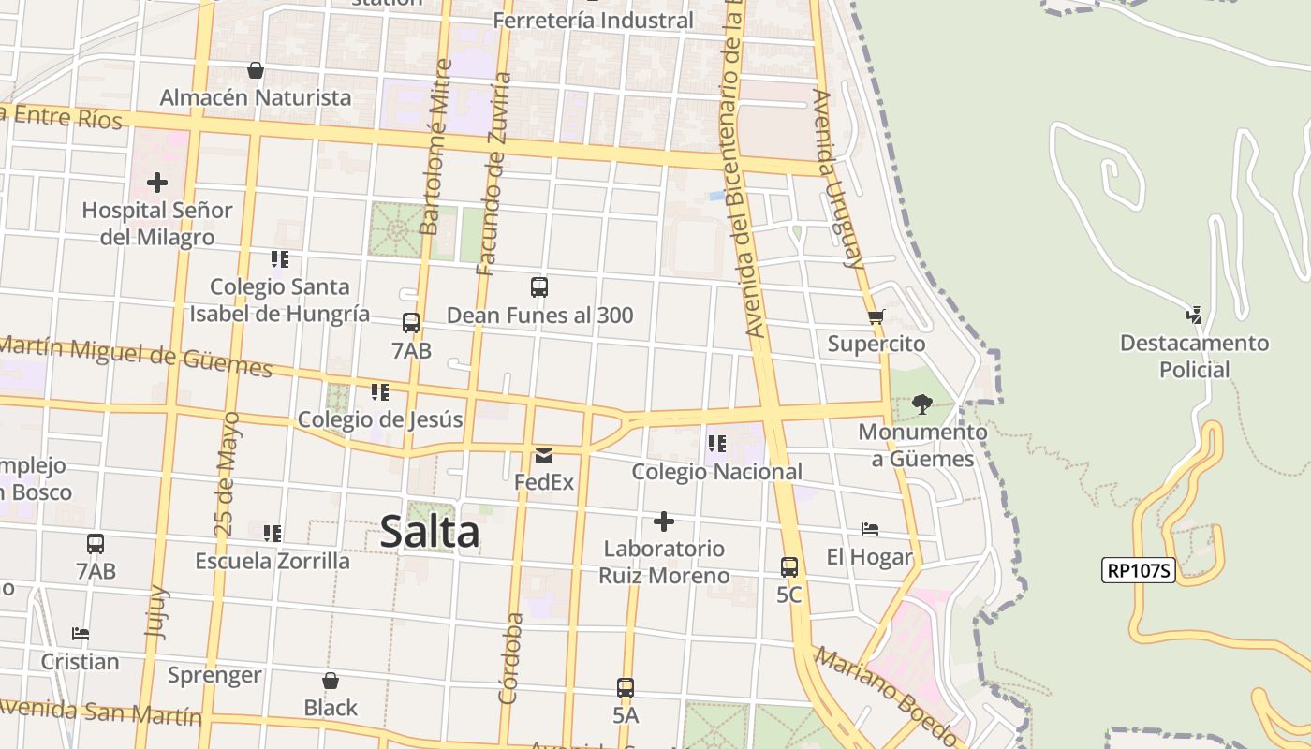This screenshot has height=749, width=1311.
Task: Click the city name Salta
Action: pos(430,533)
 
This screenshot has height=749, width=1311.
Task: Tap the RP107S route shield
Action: pos(1138,570)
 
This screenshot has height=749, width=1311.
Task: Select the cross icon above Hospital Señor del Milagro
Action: pos(157,182)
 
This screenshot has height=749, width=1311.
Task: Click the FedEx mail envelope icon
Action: pos(543,456)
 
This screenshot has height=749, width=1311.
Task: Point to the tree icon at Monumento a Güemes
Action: pos(922,404)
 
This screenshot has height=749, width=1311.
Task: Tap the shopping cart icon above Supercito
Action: pos(876,316)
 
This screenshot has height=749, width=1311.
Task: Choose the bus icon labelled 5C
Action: pos(789,566)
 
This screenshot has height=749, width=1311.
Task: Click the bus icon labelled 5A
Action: pos(626,688)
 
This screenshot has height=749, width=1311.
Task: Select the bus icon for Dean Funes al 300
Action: pos(539,287)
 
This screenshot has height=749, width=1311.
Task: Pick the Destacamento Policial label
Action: pos(1194,356)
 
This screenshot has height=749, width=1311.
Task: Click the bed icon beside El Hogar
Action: pos(870,530)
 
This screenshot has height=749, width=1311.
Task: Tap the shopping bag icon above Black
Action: pos(331,681)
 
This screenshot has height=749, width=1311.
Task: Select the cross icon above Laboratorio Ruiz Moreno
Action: pos(664,521)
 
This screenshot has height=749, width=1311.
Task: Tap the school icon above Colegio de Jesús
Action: pos(379,391)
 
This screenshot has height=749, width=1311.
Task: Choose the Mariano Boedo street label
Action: pos(886,693)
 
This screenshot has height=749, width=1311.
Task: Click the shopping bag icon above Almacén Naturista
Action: pos(255,70)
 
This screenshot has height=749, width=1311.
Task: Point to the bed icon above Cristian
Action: pos(81,634)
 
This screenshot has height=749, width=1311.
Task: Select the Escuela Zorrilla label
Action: pos(273,561)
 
